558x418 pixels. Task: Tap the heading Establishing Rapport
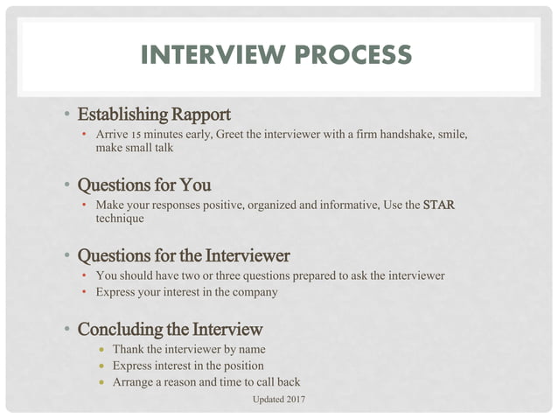point(154,114)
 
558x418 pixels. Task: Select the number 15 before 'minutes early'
point(136,135)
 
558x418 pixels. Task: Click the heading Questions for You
point(144,185)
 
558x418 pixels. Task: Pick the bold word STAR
point(439,205)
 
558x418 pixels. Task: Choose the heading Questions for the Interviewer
point(184,256)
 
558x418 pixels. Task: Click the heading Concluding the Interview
point(170,330)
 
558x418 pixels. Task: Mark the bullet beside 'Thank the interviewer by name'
point(101,350)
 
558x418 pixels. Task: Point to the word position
point(242,366)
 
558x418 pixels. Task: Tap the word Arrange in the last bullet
point(133,381)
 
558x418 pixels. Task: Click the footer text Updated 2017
point(279,400)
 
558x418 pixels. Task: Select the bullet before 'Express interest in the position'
point(101,366)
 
